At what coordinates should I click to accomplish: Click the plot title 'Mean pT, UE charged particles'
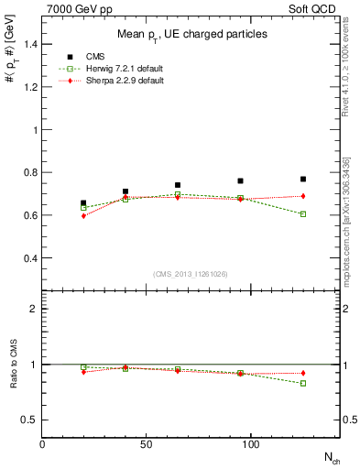191,34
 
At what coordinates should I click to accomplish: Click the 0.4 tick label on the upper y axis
29,258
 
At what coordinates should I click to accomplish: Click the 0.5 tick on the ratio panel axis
29,420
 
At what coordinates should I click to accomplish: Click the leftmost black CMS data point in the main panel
83,203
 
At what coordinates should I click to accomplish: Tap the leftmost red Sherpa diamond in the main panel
83,216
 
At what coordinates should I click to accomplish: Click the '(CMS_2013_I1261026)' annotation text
191,275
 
